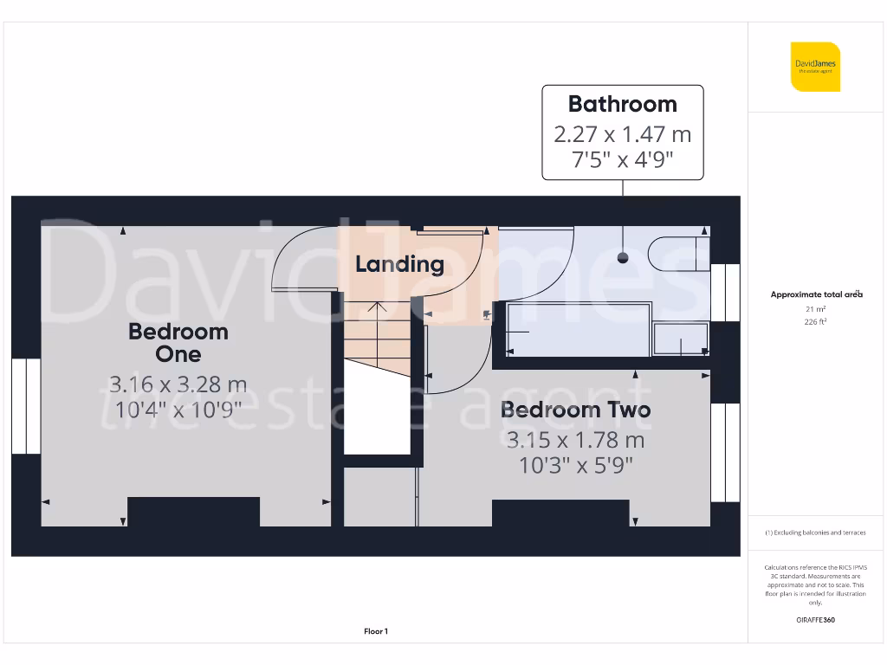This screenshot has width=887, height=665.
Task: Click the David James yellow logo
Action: pyautogui.click(x=815, y=67)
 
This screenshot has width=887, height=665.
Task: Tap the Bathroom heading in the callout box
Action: pyautogui.click(x=622, y=104)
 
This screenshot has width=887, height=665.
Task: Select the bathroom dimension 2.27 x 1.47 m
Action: pyautogui.click(x=622, y=135)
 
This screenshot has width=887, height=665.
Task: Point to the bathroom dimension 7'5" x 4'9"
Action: pyautogui.click(x=622, y=159)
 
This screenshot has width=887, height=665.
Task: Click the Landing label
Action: pyautogui.click(x=399, y=264)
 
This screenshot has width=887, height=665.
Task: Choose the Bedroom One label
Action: pyautogui.click(x=178, y=342)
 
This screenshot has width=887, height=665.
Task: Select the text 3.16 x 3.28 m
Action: pyautogui.click(x=178, y=383)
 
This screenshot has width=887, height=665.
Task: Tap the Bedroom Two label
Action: pyautogui.click(x=575, y=410)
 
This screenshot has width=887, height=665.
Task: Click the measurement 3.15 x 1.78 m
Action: pyautogui.click(x=575, y=440)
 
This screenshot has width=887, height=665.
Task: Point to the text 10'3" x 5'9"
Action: pyautogui.click(x=575, y=465)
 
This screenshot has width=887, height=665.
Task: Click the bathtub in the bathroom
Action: pyautogui.click(x=579, y=330)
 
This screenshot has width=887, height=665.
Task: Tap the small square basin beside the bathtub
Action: pyautogui.click(x=681, y=340)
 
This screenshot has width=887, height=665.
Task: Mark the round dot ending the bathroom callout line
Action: pyautogui.click(x=622, y=258)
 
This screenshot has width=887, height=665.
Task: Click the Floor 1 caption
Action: pyautogui.click(x=376, y=632)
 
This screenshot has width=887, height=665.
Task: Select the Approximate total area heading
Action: pyautogui.click(x=816, y=294)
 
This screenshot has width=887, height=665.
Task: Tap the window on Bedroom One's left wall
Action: pyautogui.click(x=26, y=406)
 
